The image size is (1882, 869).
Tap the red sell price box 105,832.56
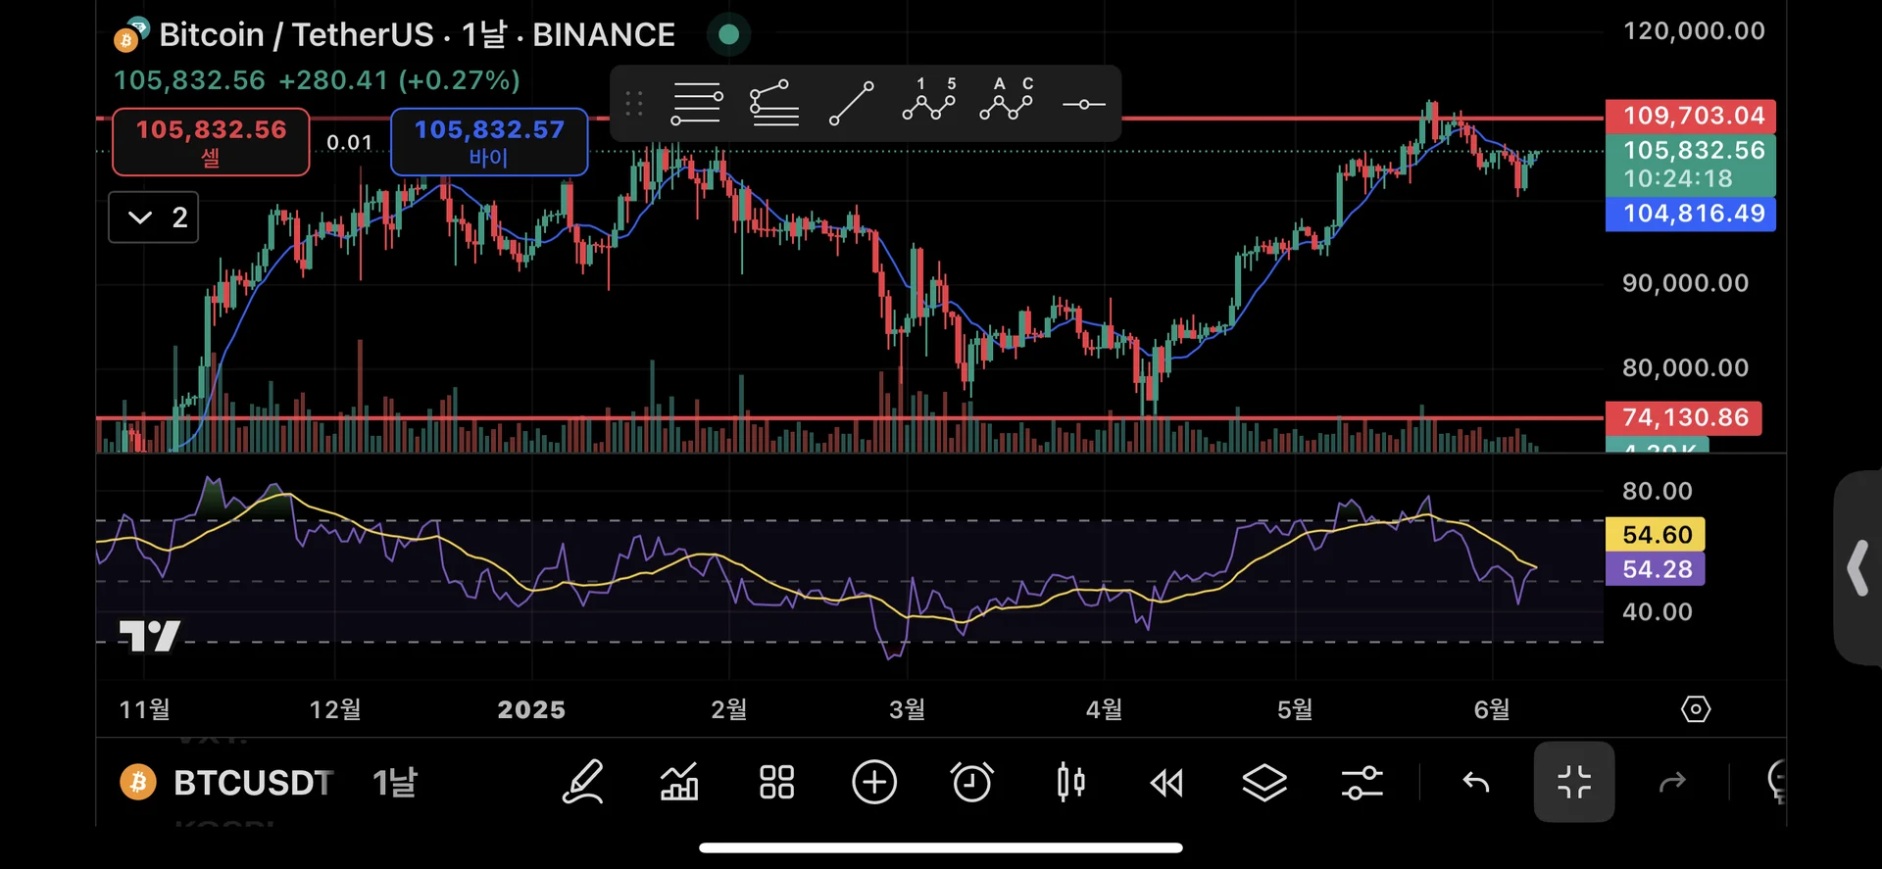coord(211,142)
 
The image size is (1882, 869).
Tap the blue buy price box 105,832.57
coord(489,142)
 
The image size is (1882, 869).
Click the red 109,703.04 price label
coord(1693,116)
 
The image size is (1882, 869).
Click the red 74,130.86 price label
coord(1684,417)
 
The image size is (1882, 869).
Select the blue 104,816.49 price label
coord(1693,214)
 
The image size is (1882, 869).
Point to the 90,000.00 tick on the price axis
coord(1685,283)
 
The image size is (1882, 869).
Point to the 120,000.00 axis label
coord(1694,31)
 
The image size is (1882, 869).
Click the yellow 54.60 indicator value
coord(1657,535)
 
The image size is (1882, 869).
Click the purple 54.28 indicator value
coord(1657,569)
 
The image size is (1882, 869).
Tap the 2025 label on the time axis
coord(531,709)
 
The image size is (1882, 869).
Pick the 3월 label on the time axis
coord(907,709)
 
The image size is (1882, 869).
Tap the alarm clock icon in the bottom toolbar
coord(971,782)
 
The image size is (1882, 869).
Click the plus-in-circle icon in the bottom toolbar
coord(874,782)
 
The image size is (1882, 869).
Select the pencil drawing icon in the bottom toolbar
coord(582,782)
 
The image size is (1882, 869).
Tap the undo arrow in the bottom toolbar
coord(1476,782)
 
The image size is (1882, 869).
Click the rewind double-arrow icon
coord(1166,783)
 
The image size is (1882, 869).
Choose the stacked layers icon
coord(1264,782)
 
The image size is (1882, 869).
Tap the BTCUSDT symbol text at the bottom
coord(253,783)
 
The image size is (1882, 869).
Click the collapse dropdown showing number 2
coord(154,217)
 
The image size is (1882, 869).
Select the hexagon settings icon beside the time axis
coord(1695,709)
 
